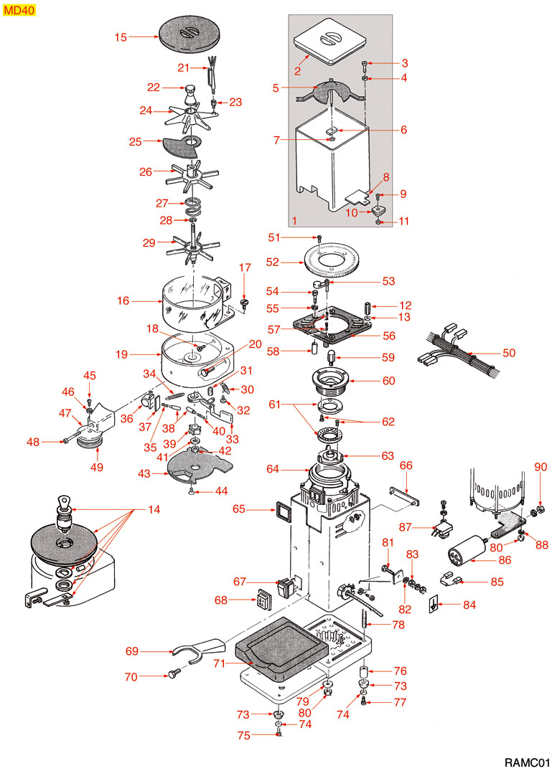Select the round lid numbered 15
[x=190, y=35]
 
